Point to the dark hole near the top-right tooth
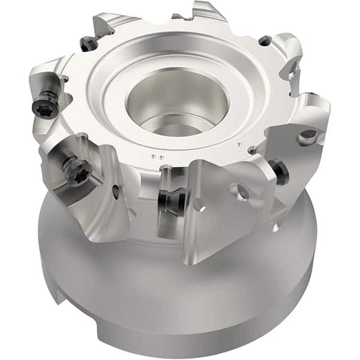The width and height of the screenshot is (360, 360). [264, 41]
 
